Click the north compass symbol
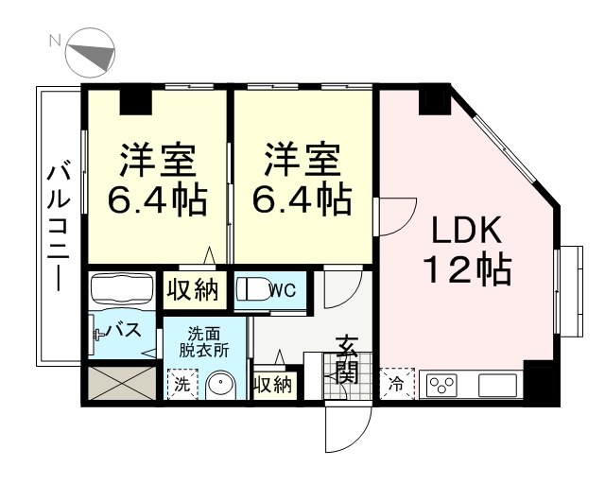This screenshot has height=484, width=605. pyautogui.click(x=91, y=53)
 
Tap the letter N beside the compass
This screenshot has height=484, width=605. pyautogui.click(x=55, y=40)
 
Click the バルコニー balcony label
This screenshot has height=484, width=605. pyautogui.click(x=59, y=228)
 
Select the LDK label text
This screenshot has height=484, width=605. pyautogui.click(x=466, y=230)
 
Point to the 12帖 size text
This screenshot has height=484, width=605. pyautogui.click(x=468, y=268)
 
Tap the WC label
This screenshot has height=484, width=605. pyautogui.click(x=284, y=290)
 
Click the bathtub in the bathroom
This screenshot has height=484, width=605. pyautogui.click(x=122, y=287)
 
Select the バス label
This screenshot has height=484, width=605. pyautogui.click(x=124, y=330)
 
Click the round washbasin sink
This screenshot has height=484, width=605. pyautogui.click(x=220, y=385)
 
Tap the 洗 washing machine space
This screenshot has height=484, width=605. pyautogui.click(x=182, y=385)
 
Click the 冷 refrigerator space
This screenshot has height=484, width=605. pyautogui.click(x=397, y=384)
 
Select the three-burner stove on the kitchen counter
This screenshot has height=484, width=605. pyautogui.click(x=442, y=385)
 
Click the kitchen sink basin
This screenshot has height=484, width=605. pyautogui.click(x=497, y=385)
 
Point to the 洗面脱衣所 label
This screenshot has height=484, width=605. pyautogui.click(x=204, y=342)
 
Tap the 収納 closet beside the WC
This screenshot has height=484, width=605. pyautogui.click(x=194, y=290)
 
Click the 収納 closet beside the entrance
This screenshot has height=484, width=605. pyautogui.click(x=275, y=385)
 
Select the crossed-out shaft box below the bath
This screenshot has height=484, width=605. pyautogui.click(x=122, y=383)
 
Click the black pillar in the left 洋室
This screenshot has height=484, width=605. pyautogui.click(x=135, y=102)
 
